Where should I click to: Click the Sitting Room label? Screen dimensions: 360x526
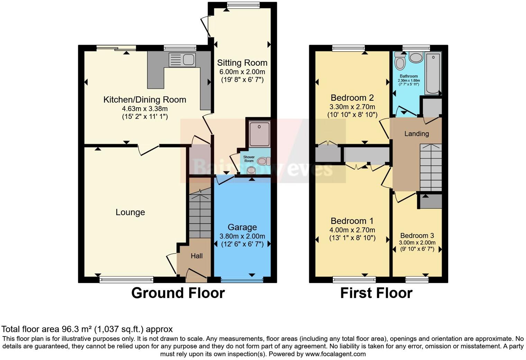coord(242,63)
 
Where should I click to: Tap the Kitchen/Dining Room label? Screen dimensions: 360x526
coord(145,100)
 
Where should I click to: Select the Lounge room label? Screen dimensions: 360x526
coord(130,212)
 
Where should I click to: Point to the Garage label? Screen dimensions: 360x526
coord(242,227)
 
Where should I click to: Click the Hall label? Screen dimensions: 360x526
coord(197,256)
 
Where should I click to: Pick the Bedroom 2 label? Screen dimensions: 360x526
coord(352,98)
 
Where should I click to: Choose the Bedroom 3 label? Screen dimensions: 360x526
coord(417,236)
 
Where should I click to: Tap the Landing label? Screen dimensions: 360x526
coord(417,134)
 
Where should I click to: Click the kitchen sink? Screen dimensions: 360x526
coord(182,60)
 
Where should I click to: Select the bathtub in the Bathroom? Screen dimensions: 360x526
coord(433,73)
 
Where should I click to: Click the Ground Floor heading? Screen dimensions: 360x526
coord(178,293)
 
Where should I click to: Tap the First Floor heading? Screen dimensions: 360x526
coord(376,293)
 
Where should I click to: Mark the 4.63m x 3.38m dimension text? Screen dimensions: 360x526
coord(145,109)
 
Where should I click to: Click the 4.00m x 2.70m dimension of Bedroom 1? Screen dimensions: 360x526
coord(352,230)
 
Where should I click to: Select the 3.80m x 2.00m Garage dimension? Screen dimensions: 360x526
coord(242,236)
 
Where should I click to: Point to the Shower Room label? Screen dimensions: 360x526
coord(249,159)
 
